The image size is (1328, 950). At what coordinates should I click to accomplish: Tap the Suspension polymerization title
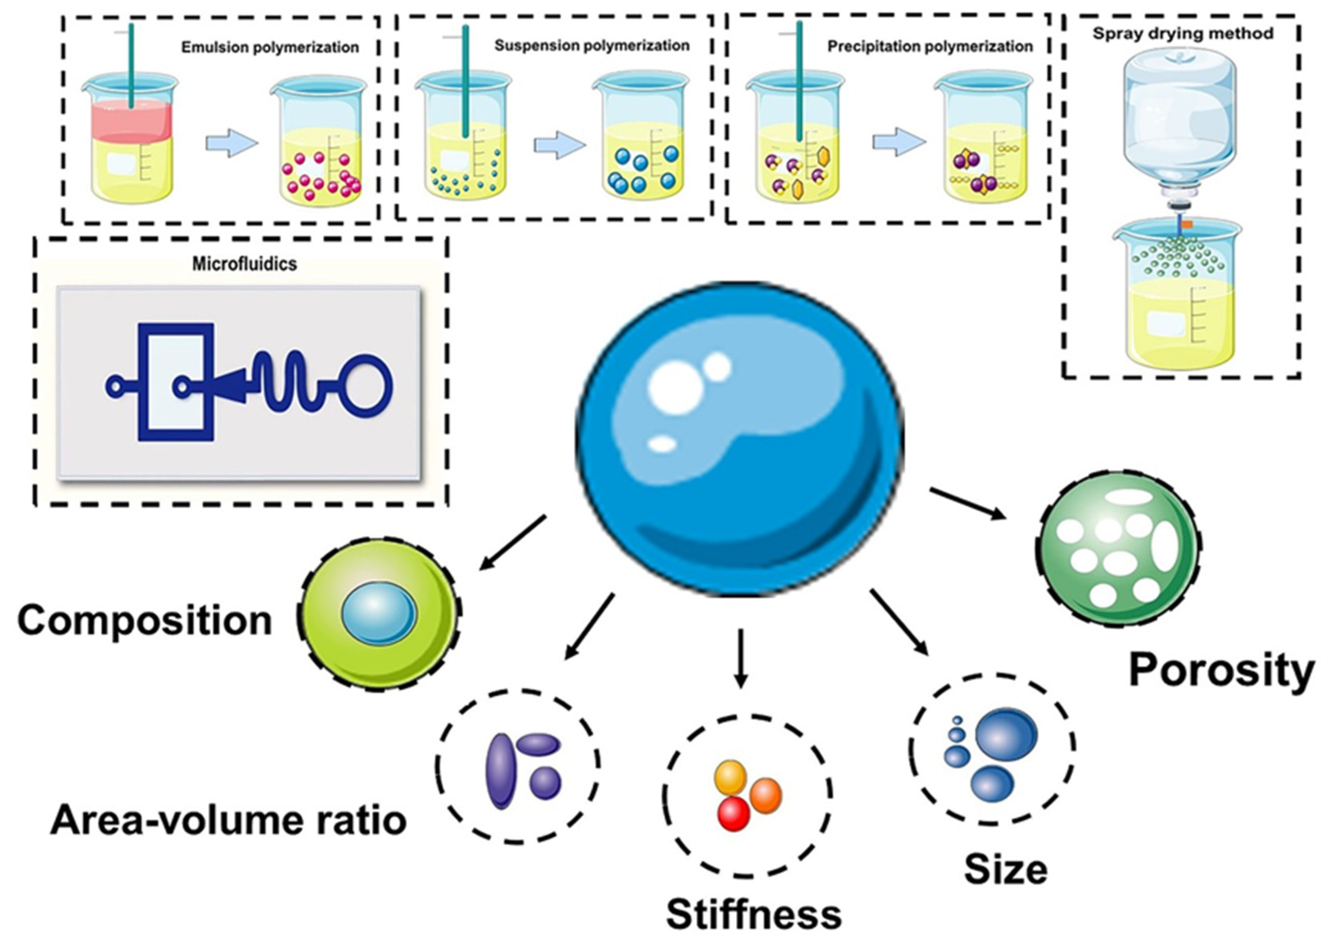[592, 46]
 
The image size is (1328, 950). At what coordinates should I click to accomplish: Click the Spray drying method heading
[1182, 33]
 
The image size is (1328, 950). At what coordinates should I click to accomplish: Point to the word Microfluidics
[244, 264]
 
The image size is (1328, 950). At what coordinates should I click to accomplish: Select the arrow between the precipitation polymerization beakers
[899, 142]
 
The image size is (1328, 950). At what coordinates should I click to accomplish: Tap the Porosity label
[1221, 670]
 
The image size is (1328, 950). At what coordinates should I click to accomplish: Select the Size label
[1005, 869]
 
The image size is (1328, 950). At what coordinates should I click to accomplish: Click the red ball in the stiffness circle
[733, 814]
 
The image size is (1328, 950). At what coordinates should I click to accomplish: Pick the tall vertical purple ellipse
[501, 771]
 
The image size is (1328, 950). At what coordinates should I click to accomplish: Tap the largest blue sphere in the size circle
[1006, 735]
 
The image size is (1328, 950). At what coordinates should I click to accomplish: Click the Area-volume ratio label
[228, 820]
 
